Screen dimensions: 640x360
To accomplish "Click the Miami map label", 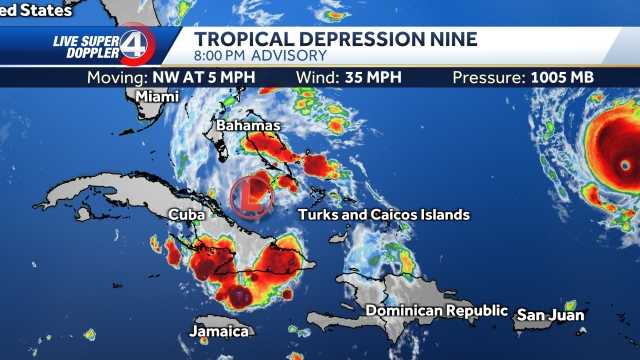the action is pyautogui.click(x=157, y=96).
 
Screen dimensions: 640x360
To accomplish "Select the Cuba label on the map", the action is pyautogui.click(x=187, y=214).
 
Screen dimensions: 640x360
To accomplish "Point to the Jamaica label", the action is pyautogui.click(x=219, y=331).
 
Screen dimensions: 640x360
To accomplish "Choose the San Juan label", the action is pyautogui.click(x=550, y=315).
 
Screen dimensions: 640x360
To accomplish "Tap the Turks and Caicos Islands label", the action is pyautogui.click(x=384, y=215).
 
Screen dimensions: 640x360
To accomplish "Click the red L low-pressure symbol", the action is pyautogui.click(x=253, y=197).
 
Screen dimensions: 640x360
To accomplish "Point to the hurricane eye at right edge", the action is pyautogui.click(x=625, y=163).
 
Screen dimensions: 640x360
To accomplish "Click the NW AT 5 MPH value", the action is pyautogui.click(x=194, y=77).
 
